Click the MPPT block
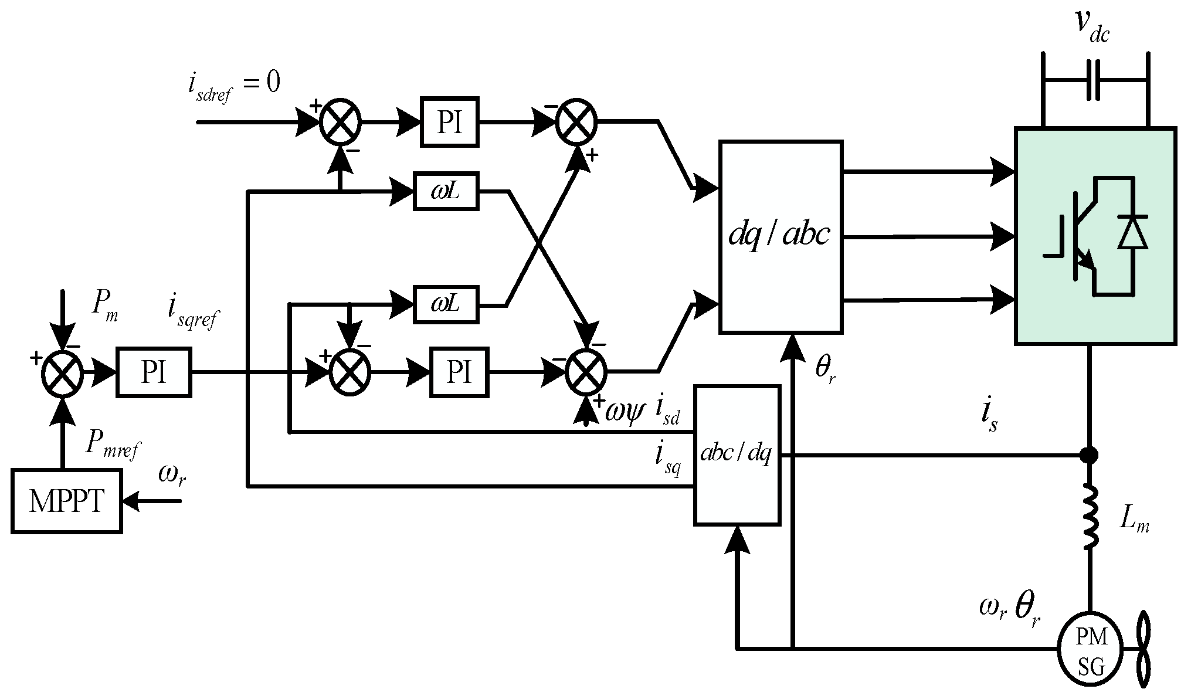66,501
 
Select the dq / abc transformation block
781,237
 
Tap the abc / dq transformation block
737,454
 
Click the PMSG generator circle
1091,656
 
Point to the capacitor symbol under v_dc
1094,80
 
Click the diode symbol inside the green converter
1132,233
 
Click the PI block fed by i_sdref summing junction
450,122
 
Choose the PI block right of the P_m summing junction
154,372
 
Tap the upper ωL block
446,191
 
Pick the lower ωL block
446,304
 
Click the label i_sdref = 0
233,86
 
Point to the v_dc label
1092,26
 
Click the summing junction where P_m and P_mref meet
62,373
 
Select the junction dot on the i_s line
1089,454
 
